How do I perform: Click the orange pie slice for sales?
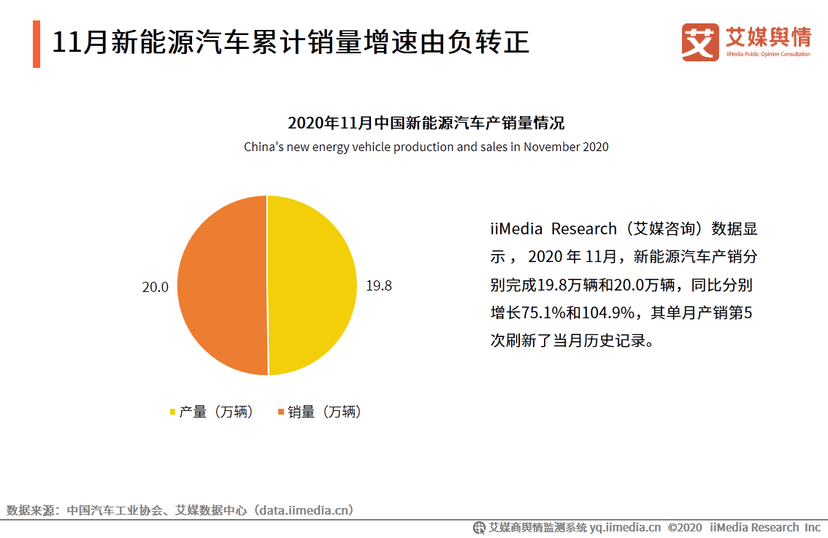(223, 285)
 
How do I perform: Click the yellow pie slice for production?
(313, 285)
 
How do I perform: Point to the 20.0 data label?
(155, 287)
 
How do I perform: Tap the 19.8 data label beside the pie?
(378, 286)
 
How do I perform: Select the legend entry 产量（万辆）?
(212, 412)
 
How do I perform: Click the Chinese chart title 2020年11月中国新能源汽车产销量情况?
(426, 122)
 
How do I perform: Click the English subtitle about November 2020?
(426, 147)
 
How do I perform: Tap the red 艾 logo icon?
(699, 42)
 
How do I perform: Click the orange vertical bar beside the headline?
(37, 44)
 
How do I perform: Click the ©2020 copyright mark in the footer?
(685, 527)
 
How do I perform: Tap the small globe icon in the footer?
(480, 527)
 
